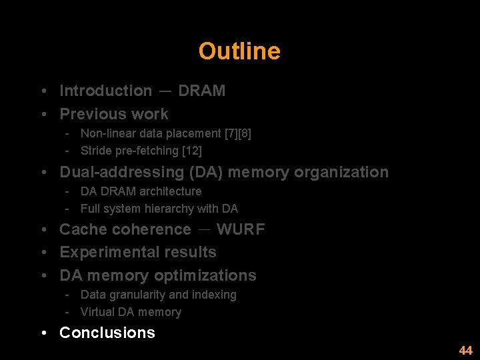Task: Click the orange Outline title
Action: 239,51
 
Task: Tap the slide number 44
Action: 465,351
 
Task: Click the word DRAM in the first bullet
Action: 201,91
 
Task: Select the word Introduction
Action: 106,91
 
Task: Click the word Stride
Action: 96,151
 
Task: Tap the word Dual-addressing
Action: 122,172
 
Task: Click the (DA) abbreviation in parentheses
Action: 206,172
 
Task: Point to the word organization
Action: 341,172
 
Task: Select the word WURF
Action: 241,229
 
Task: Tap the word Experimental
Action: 105,252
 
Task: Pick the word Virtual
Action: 97,312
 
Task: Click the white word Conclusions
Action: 107,333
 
